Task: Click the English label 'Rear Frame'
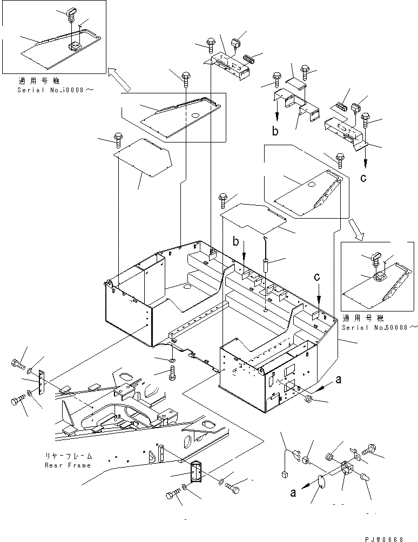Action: click(68, 465)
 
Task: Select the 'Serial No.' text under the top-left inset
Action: click(54, 90)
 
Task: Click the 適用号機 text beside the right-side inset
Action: click(359, 319)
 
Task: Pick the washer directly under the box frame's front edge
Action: click(172, 360)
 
